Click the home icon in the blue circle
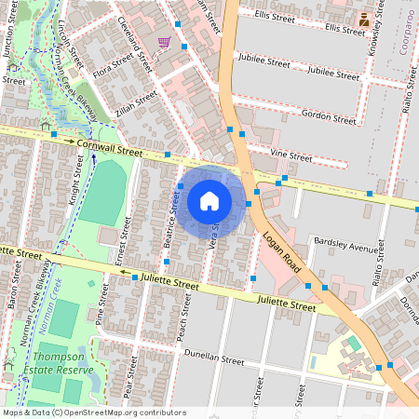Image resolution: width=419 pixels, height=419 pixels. [x=209, y=200]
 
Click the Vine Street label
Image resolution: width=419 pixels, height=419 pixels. [x=291, y=155]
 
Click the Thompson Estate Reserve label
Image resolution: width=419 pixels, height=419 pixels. [x=63, y=363]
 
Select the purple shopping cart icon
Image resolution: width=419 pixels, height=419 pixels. [x=164, y=43]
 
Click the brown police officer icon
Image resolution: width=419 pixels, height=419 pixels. [x=363, y=19]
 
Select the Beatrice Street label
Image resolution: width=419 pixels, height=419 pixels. [x=171, y=222]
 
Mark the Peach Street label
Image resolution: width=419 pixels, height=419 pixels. [x=184, y=317]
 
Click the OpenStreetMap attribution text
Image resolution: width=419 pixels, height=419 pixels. [x=94, y=412]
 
